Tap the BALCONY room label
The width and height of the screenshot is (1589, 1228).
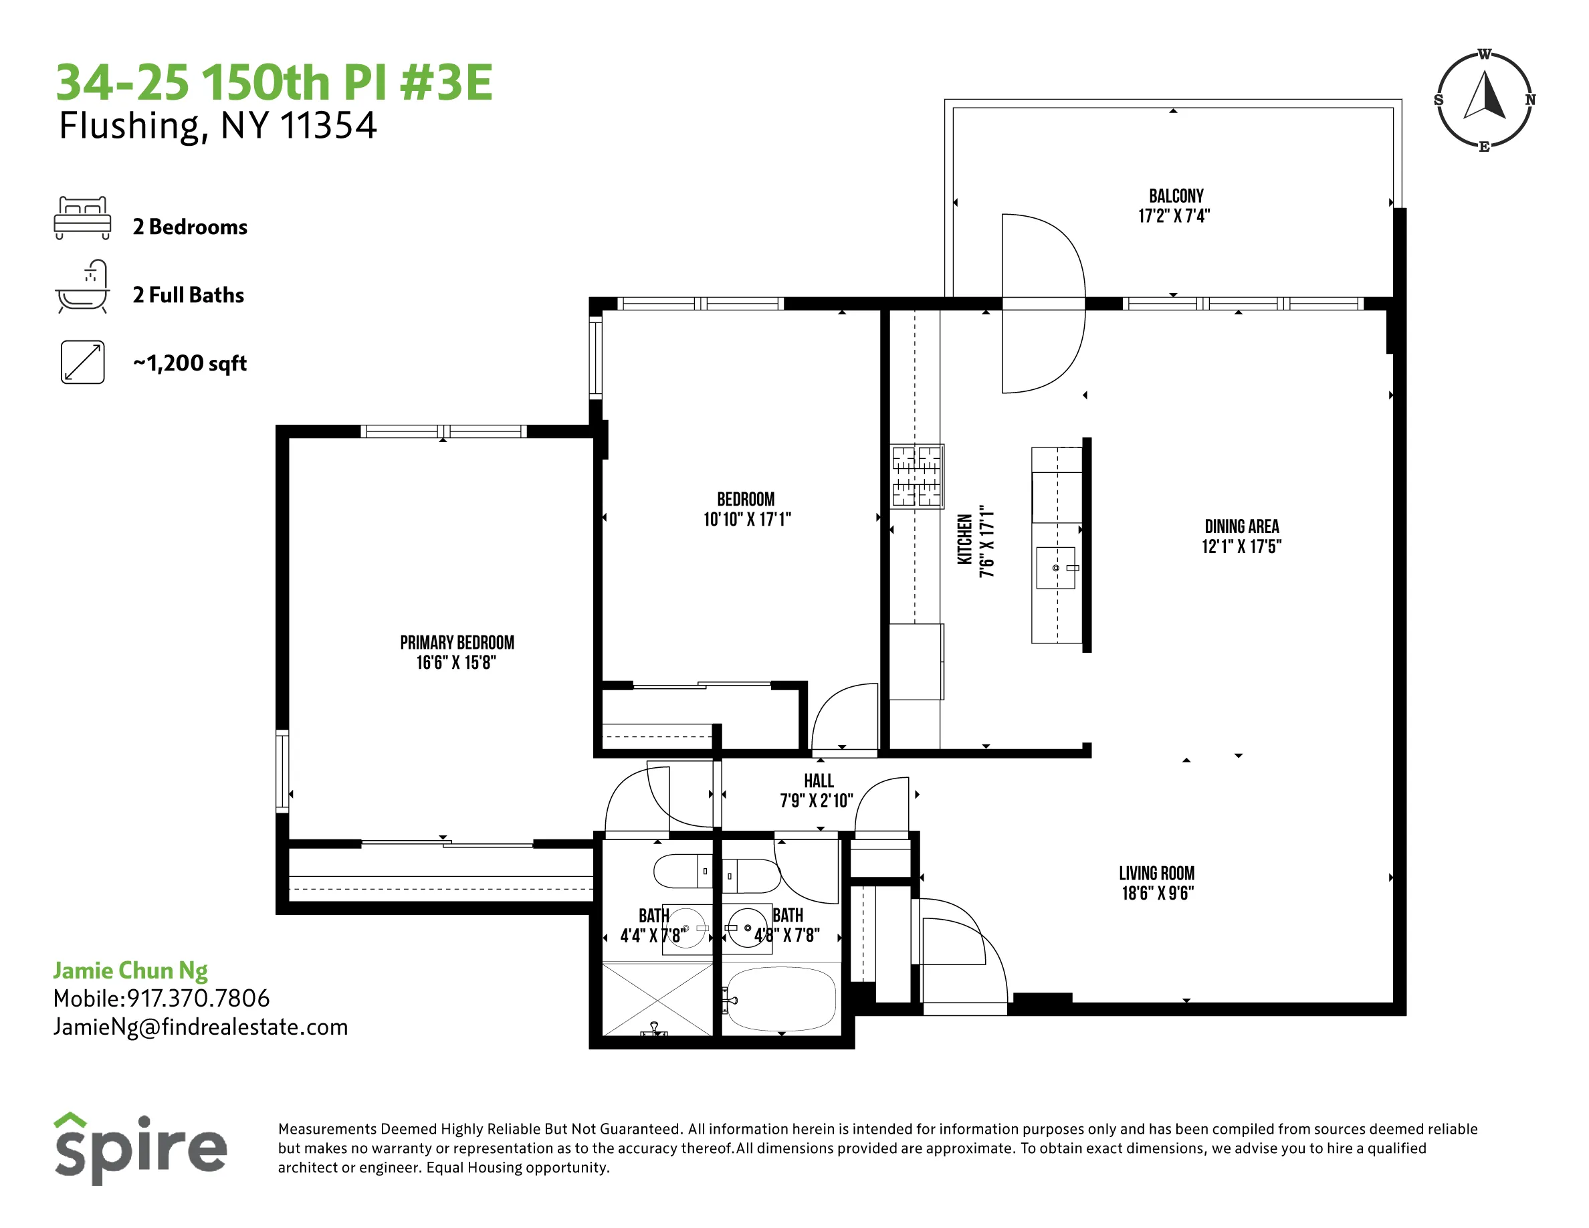coord(1176,196)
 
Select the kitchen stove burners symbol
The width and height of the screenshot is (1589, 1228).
coord(917,476)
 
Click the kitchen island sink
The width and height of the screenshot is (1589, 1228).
coord(1056,567)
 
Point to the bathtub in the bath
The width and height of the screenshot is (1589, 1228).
coord(781,998)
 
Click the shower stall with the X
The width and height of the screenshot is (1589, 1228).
coord(657,998)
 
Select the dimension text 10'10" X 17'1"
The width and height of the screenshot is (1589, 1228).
coord(746,520)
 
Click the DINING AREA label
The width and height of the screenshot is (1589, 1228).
coord(1241,526)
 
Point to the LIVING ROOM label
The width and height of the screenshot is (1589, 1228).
coord(1157,873)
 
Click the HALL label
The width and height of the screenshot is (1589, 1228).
coord(819,781)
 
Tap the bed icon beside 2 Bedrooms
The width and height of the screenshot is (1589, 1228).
coord(82,217)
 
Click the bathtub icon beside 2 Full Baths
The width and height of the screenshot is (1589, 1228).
coord(83,287)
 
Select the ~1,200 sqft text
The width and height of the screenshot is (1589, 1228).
coord(190,363)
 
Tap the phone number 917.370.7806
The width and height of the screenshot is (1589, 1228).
coord(198,998)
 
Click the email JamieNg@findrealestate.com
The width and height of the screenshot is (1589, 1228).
coord(200,1027)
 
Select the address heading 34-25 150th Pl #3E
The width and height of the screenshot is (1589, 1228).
coord(274,82)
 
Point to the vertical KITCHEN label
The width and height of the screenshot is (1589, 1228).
coord(964,539)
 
